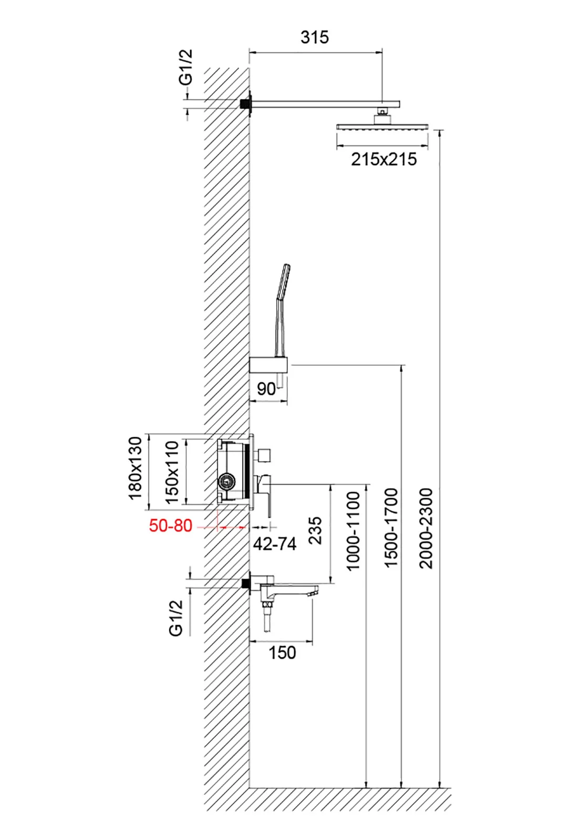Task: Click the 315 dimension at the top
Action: point(314,37)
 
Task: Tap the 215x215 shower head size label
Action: point(384,159)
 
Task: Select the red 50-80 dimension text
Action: point(170,526)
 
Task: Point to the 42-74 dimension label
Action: point(274,544)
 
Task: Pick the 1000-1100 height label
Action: point(353,530)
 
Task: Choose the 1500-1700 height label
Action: point(391,528)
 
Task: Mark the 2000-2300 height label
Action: point(426,528)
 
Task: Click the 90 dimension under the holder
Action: point(266,389)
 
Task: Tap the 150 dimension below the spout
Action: point(282,653)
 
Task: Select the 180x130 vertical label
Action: point(136,468)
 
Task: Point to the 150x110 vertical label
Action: point(172,472)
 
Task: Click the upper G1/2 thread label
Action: point(186,67)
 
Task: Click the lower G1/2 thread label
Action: point(176,617)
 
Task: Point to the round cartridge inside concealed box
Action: point(227,480)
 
